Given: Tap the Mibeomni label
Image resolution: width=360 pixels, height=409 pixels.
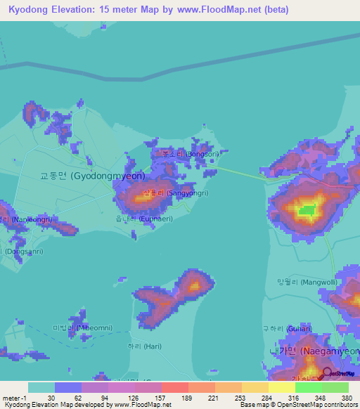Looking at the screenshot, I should (82, 328).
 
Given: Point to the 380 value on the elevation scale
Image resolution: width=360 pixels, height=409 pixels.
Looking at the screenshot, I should (346, 396).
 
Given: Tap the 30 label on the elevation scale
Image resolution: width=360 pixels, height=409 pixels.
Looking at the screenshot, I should (51, 396).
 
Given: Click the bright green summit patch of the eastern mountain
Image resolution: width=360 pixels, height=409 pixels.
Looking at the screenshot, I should (307, 209).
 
